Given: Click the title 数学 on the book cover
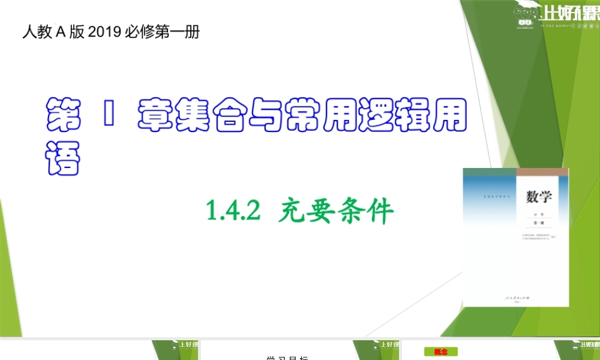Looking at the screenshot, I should click(539, 196).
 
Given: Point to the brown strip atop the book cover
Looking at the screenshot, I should click(542, 172).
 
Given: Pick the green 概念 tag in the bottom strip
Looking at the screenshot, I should click(441, 352).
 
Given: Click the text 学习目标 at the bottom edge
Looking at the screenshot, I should click(287, 358).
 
